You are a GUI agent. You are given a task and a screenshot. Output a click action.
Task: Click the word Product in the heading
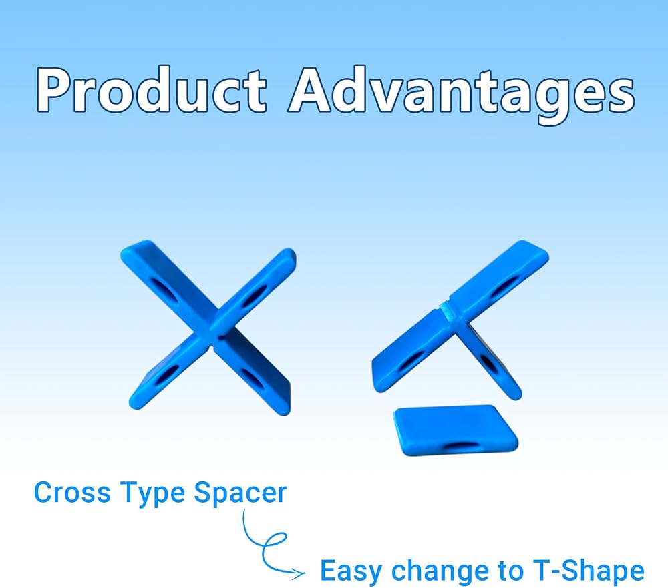tap(151, 90)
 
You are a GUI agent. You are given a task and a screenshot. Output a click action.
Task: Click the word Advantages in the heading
tap(462, 95)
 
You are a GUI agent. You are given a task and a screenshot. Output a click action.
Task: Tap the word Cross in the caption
tap(71, 492)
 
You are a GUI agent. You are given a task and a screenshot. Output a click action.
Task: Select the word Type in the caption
tap(152, 495)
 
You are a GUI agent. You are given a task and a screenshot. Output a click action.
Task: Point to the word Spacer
tap(240, 495)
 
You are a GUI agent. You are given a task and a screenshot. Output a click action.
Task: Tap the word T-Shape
tap(589, 571)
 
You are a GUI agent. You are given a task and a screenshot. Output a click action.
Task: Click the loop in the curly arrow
tap(275, 541)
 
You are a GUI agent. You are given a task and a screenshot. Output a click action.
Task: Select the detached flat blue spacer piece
tap(456, 430)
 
